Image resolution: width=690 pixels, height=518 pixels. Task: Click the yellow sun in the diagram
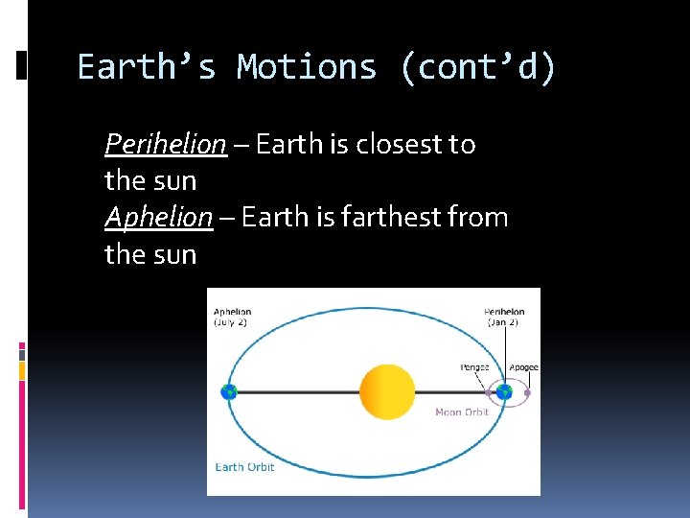(x=387, y=391)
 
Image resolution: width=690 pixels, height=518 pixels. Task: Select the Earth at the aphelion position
(x=228, y=391)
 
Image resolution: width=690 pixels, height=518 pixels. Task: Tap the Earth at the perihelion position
(x=505, y=391)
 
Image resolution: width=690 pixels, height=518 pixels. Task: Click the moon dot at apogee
(x=527, y=392)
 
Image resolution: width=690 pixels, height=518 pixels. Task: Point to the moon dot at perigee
(x=489, y=392)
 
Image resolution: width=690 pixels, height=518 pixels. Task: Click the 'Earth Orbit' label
(x=244, y=467)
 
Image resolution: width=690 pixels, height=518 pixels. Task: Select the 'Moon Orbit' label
(x=462, y=412)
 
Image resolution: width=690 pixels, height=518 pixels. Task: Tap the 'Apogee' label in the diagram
(x=523, y=367)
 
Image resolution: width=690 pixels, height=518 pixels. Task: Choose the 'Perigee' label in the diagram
(x=474, y=367)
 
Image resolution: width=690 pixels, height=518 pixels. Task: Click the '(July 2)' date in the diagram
(x=231, y=322)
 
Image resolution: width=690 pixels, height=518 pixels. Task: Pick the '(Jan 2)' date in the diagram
(x=504, y=322)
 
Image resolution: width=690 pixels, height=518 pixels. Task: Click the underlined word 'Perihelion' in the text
(x=166, y=144)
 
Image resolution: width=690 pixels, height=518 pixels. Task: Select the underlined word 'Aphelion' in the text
(x=158, y=218)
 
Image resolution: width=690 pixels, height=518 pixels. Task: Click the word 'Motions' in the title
(x=307, y=67)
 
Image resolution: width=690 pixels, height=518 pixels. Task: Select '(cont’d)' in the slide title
(x=477, y=67)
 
